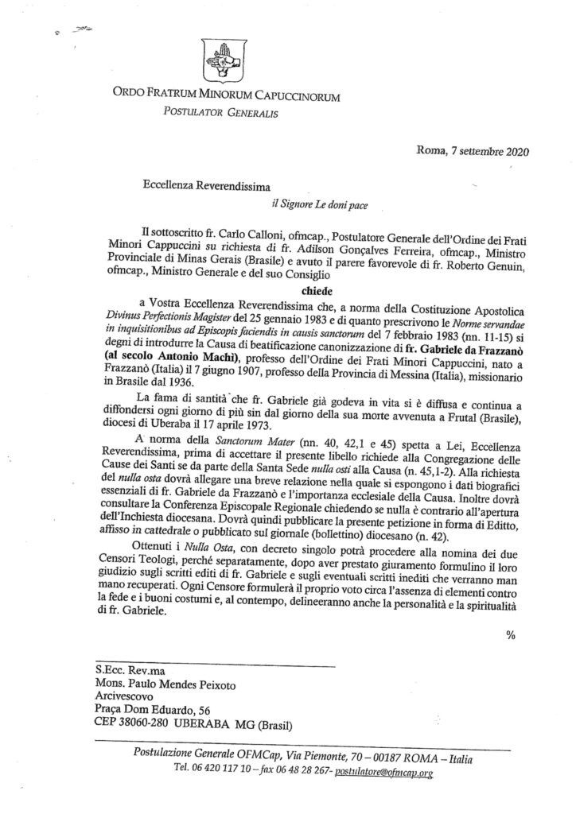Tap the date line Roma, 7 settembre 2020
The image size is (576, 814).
(473, 151)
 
